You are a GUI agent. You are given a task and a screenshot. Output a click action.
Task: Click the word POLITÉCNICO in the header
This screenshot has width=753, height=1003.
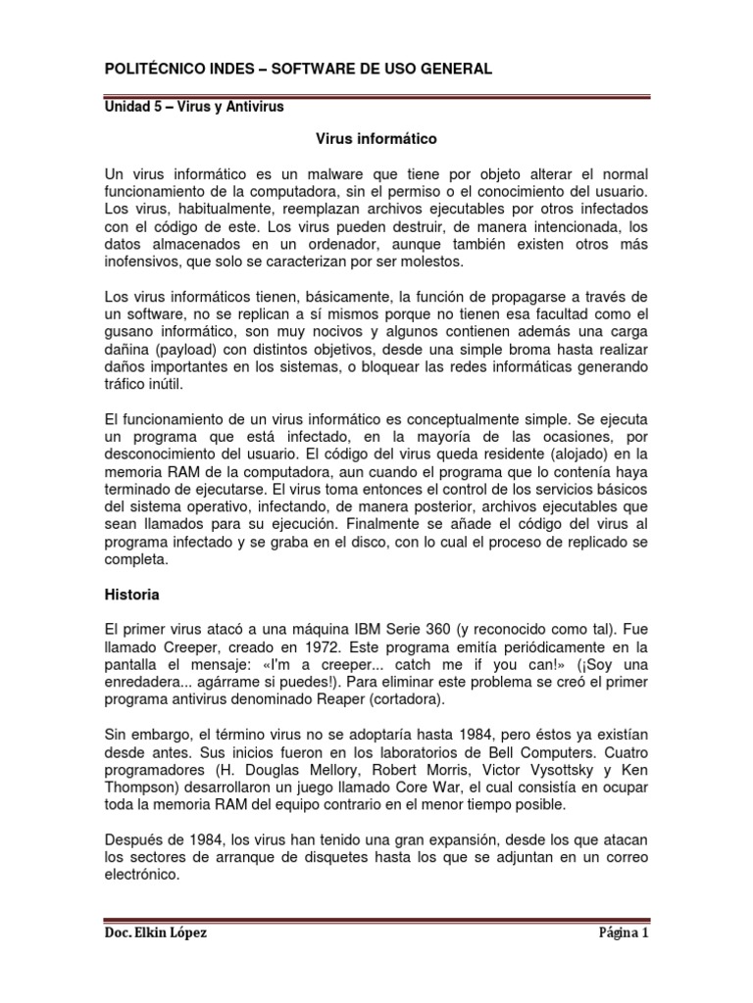[151, 68]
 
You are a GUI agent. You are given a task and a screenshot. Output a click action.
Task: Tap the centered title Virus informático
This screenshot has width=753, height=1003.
[376, 139]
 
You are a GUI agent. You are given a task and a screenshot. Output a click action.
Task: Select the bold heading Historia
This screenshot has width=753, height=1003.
[132, 594]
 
